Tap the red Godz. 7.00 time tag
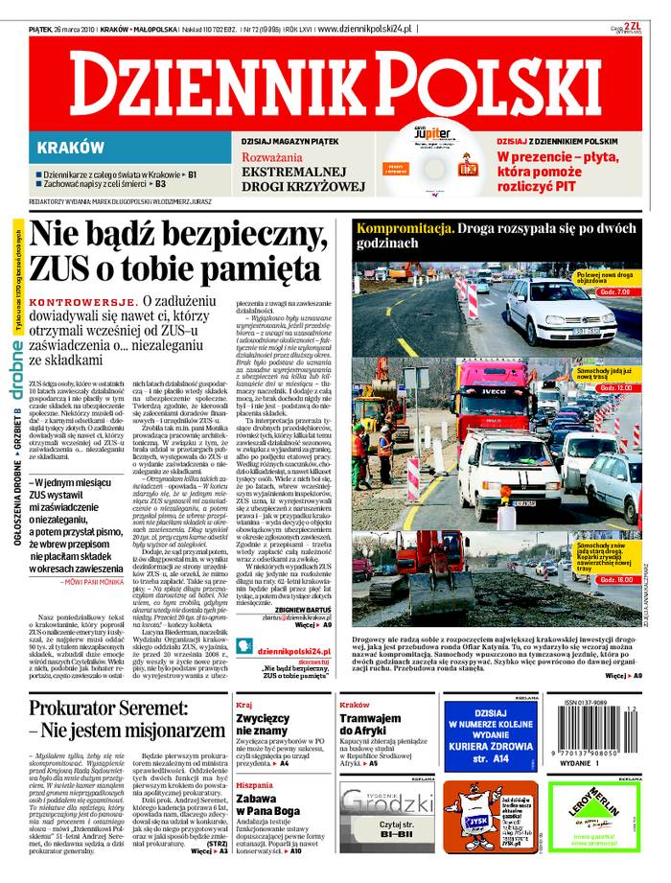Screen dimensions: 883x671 pos(613,291)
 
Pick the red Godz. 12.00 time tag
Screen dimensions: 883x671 pos(614,387)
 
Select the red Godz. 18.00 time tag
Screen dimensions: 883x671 pos(614,580)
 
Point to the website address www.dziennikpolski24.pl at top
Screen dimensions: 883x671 pos(364,31)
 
